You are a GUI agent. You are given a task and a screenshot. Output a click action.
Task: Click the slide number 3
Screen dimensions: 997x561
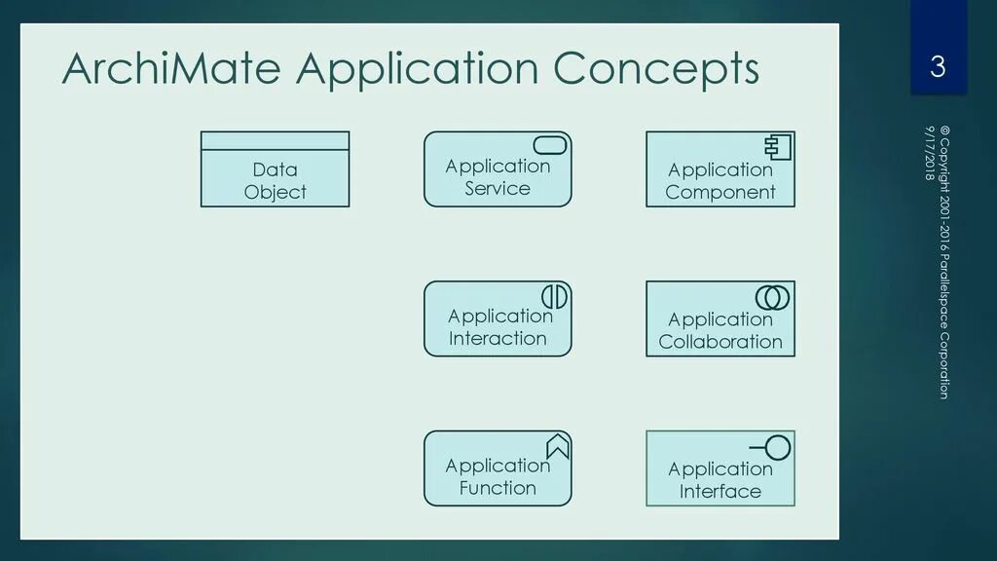pyautogui.click(x=938, y=67)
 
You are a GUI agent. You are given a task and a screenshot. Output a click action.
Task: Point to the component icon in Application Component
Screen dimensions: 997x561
pyautogui.click(x=777, y=147)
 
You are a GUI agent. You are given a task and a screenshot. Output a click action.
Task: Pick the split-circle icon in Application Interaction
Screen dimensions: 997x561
pyautogui.click(x=554, y=295)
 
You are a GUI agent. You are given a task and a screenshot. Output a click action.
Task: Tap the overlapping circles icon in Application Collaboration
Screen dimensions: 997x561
pyautogui.click(x=772, y=296)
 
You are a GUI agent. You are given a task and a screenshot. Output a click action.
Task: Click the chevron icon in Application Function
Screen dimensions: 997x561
pyautogui.click(x=557, y=446)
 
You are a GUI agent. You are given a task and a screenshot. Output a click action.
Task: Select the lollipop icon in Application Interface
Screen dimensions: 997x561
pyautogui.click(x=772, y=448)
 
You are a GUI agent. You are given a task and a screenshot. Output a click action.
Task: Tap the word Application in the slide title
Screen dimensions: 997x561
pyautogui.click(x=417, y=69)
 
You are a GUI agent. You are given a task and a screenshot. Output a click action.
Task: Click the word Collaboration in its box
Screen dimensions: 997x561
pyautogui.click(x=720, y=342)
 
